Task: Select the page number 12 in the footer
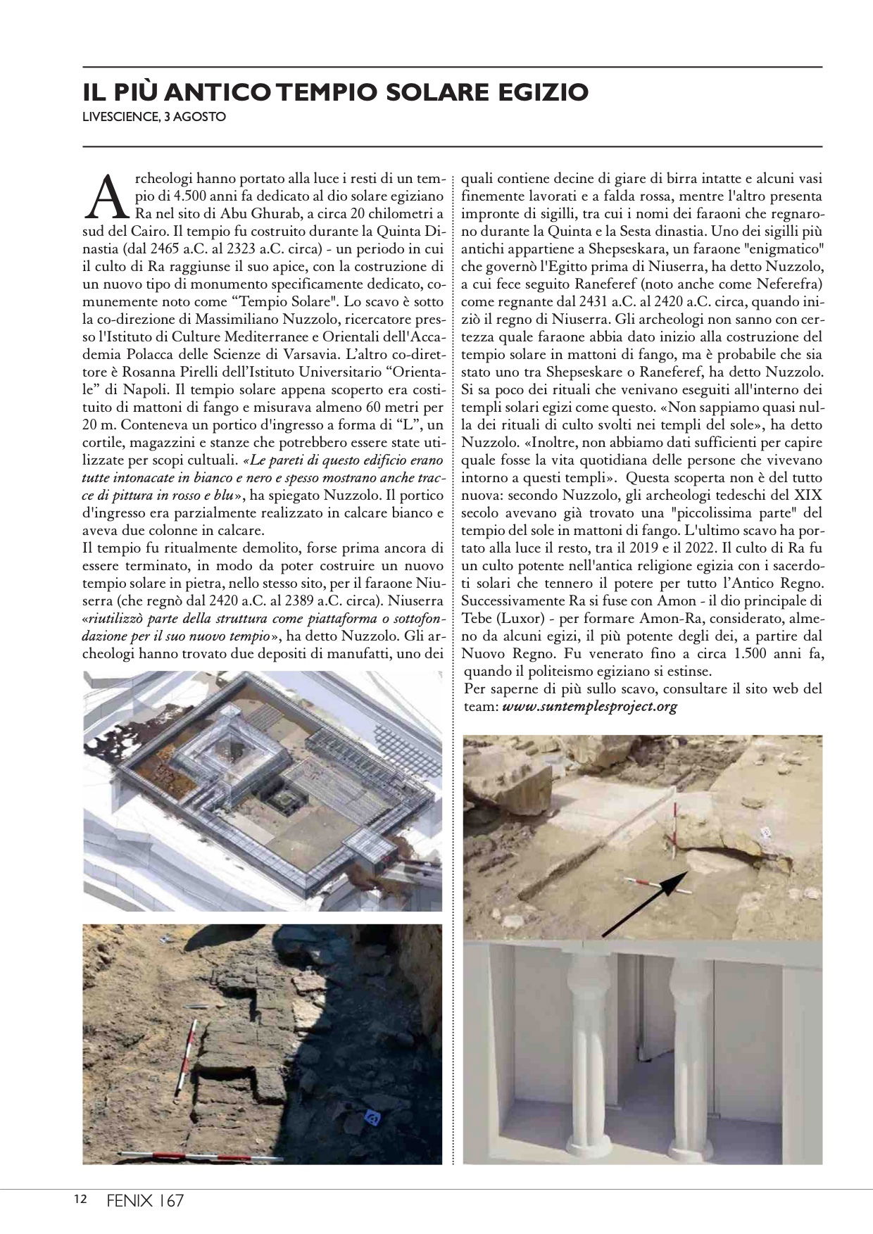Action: click(80, 1200)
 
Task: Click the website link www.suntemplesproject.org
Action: click(589, 707)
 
